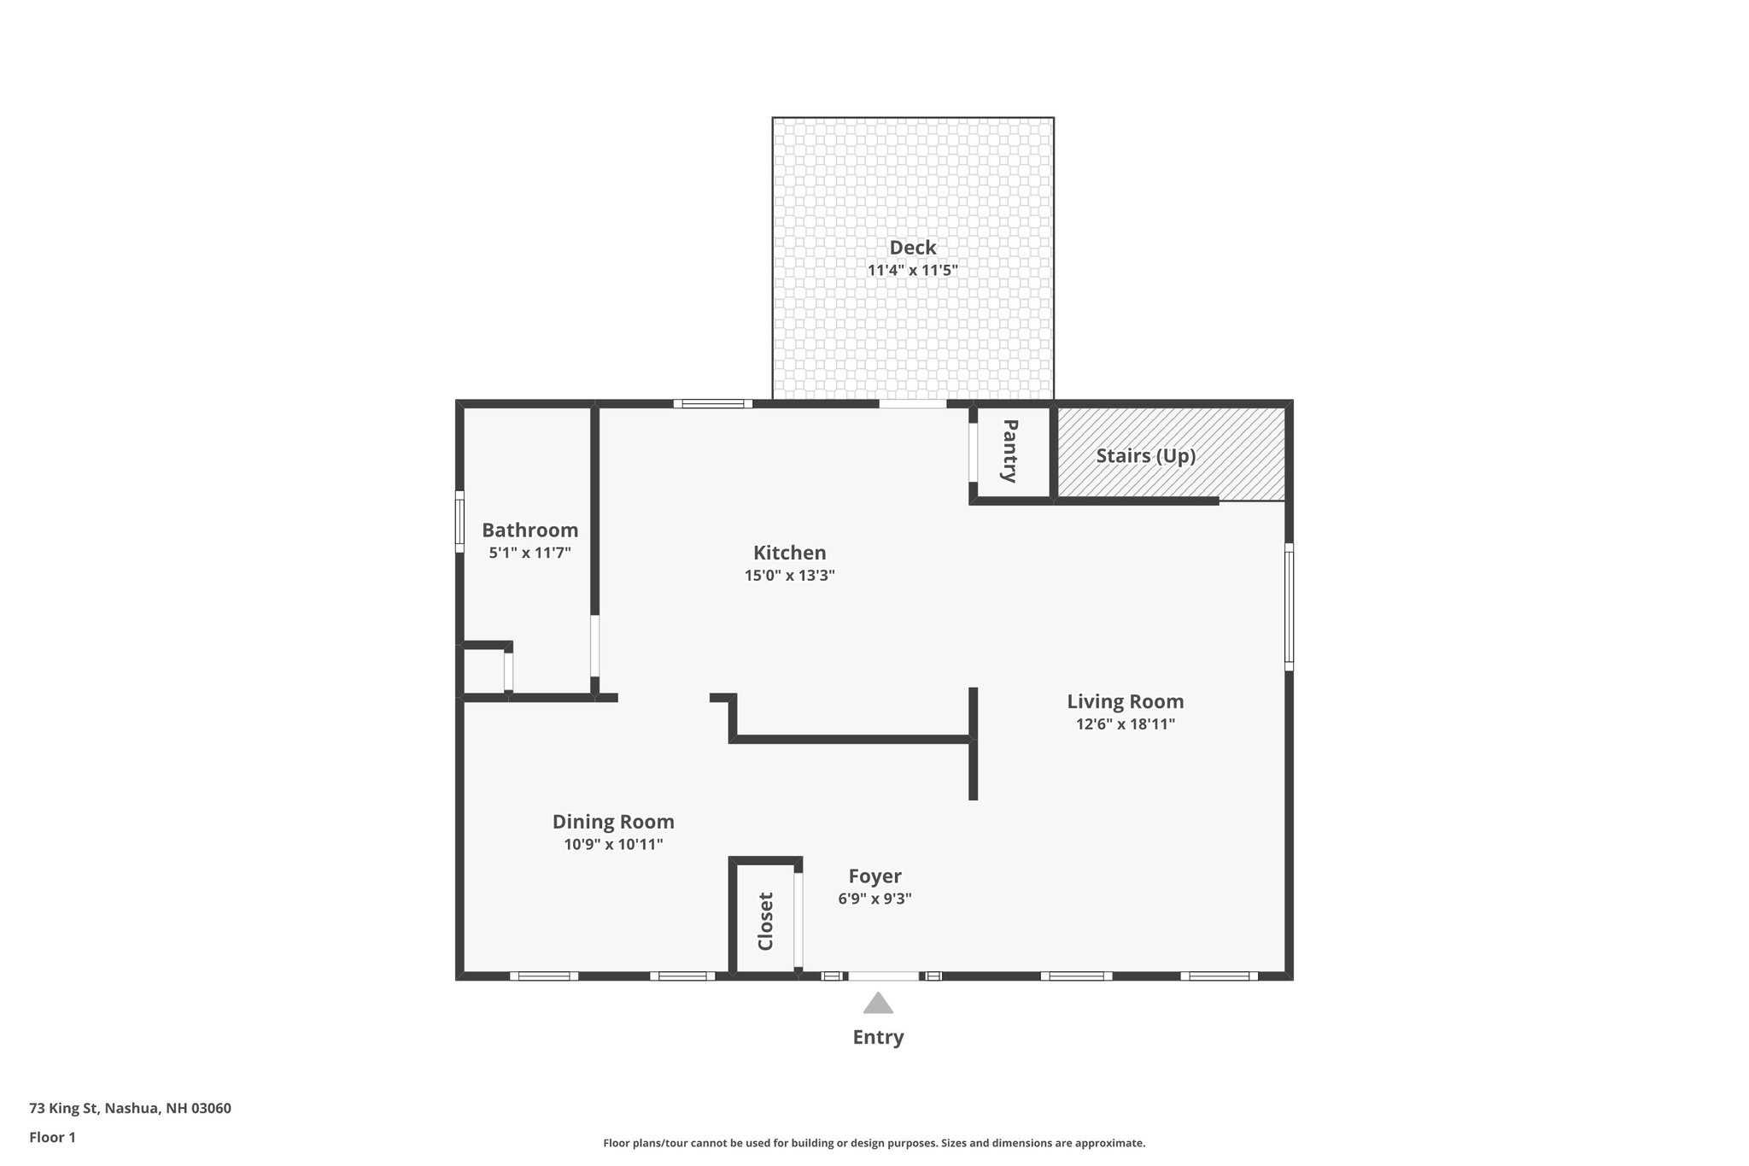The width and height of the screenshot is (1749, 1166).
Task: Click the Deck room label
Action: point(912,248)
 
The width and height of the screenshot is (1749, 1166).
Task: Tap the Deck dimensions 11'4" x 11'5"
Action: point(912,271)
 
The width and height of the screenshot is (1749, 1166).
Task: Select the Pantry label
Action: point(1009,450)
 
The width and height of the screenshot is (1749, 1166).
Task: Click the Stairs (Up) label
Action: point(1145,456)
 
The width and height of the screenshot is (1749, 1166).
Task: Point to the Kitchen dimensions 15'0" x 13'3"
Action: point(789,576)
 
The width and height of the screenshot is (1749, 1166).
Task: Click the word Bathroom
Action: point(529,530)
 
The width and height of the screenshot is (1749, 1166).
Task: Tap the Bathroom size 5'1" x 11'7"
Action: point(529,553)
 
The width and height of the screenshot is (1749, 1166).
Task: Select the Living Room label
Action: point(1125,701)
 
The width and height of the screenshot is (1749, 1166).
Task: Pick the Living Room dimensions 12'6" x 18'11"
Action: point(1125,724)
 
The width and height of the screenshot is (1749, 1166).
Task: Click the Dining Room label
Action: point(613,822)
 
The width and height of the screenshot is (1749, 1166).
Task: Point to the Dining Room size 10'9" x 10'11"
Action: point(613,845)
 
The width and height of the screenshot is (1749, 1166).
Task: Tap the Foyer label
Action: point(874,876)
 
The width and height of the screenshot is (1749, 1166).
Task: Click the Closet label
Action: point(765,921)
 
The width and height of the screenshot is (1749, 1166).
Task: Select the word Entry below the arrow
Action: point(878,1037)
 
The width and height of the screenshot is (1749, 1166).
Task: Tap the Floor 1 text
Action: point(52,1137)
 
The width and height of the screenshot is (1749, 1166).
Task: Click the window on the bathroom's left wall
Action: point(459,521)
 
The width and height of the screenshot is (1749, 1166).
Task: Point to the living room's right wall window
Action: point(1289,606)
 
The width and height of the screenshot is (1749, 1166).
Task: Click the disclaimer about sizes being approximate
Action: point(874,1143)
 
